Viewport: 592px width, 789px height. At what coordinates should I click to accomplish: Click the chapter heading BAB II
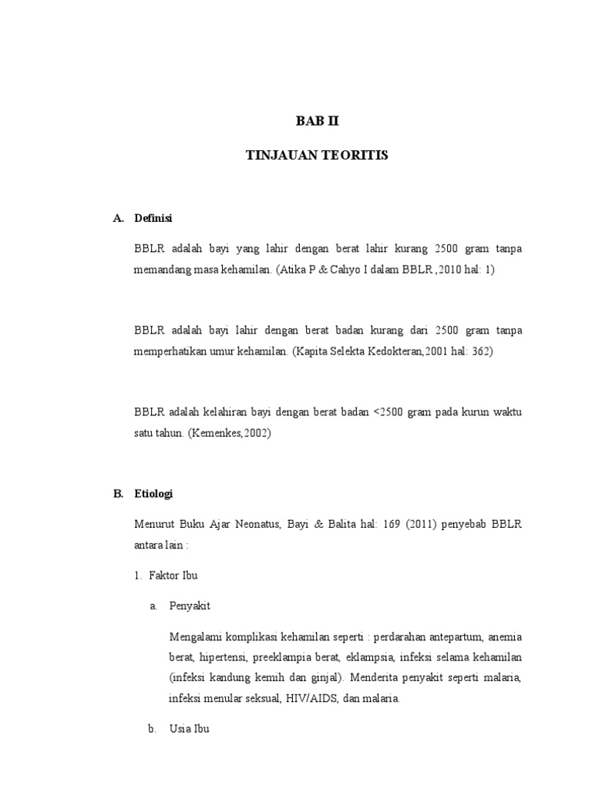tap(317, 121)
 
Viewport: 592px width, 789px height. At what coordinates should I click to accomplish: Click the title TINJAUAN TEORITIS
tap(317, 156)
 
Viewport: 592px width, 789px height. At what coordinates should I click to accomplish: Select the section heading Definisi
tap(153, 218)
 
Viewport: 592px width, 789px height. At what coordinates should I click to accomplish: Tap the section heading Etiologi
tap(154, 495)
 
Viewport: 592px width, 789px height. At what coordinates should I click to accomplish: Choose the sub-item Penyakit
tap(190, 606)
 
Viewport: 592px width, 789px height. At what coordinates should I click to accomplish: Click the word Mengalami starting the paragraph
tap(195, 637)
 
